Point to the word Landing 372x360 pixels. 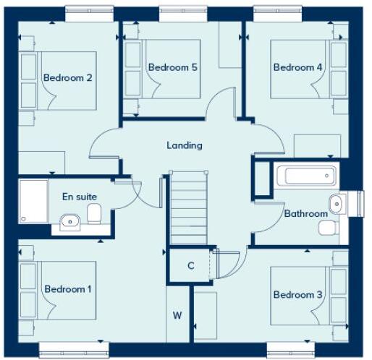click(185, 145)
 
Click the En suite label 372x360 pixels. click(80, 196)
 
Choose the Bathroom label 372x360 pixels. click(306, 213)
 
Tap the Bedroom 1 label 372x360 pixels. click(67, 289)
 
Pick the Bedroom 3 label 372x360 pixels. click(298, 294)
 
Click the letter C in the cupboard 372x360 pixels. click(191, 266)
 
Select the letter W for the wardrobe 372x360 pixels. click(177, 315)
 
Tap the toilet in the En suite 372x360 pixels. click(93, 213)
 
